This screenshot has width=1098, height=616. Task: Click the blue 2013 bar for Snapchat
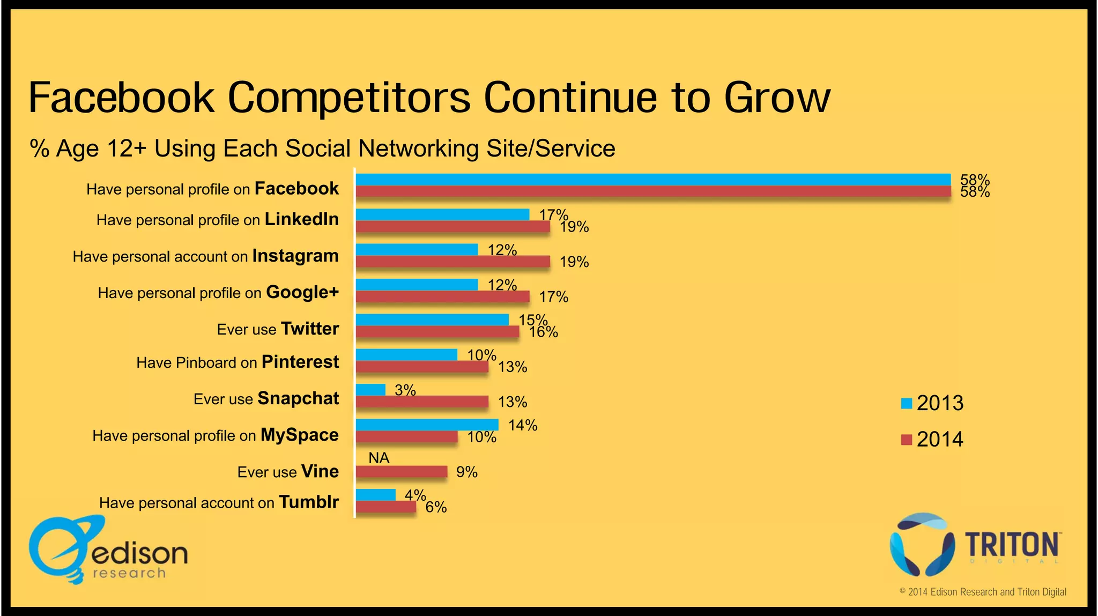pyautogui.click(x=370, y=390)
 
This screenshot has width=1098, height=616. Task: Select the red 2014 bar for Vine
pyautogui.click(x=401, y=472)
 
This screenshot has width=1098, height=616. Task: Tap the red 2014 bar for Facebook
pyautogui.click(x=653, y=191)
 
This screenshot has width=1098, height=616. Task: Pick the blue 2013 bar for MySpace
pyautogui.click(x=427, y=425)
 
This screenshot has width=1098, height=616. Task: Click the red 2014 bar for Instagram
pyautogui.click(x=452, y=262)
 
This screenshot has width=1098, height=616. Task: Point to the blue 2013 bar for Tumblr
pyautogui.click(x=375, y=494)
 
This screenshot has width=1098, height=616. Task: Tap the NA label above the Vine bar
pyautogui.click(x=379, y=458)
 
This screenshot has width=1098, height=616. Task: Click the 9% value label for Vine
pyautogui.click(x=466, y=472)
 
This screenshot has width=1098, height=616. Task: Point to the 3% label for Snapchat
pyautogui.click(x=405, y=390)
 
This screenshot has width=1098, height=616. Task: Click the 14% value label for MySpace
pyautogui.click(x=523, y=425)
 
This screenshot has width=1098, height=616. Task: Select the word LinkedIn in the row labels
pyautogui.click(x=301, y=219)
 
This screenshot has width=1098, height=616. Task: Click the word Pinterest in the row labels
pyautogui.click(x=300, y=362)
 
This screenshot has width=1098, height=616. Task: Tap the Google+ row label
pyautogui.click(x=302, y=292)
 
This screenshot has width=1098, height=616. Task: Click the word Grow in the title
pyautogui.click(x=777, y=98)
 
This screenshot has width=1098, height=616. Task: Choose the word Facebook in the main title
pyautogui.click(x=122, y=98)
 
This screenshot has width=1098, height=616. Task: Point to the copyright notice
pyautogui.click(x=982, y=592)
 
